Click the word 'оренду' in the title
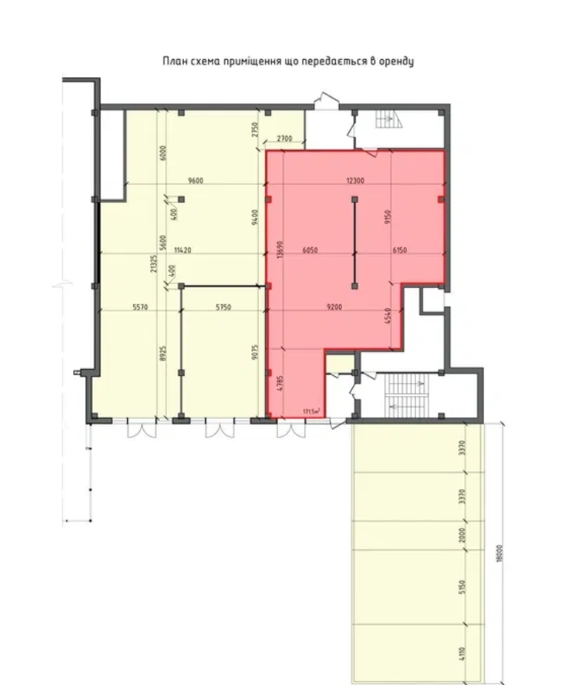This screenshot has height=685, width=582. (x=394, y=61)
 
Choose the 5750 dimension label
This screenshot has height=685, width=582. (x=224, y=307)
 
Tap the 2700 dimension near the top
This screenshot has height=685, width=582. (x=284, y=139)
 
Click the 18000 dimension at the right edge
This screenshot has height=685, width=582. (x=499, y=553)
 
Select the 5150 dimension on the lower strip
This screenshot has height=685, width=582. (x=462, y=585)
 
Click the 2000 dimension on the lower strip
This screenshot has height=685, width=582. (x=462, y=536)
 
